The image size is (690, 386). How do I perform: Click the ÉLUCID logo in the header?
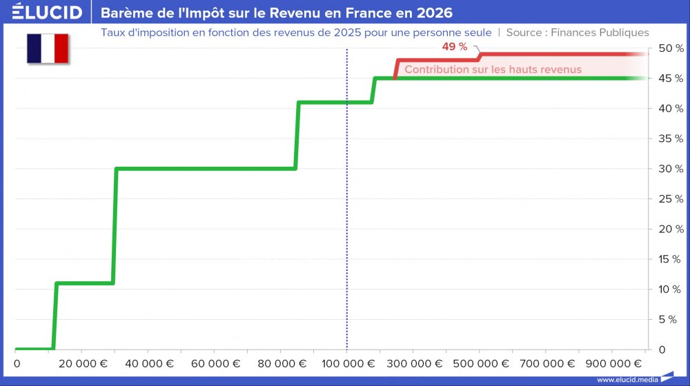pyautogui.click(x=47, y=12)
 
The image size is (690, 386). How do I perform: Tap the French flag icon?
pyautogui.click(x=48, y=48)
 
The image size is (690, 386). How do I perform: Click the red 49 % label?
pyautogui.click(x=455, y=47)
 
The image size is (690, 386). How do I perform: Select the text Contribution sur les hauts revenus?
pyautogui.click(x=493, y=69)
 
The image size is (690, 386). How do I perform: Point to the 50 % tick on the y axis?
pyautogui.click(x=671, y=48)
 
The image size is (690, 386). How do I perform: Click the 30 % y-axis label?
pyautogui.click(x=671, y=169)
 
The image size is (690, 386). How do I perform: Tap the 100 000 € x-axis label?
pyautogui.click(x=346, y=364)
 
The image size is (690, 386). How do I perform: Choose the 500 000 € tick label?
pyautogui.click(x=478, y=364)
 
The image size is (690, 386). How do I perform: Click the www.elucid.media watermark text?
pyautogui.click(x=627, y=379)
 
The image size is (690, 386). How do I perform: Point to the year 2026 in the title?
pyautogui.click(x=435, y=13)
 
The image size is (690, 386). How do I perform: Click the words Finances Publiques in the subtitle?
pyautogui.click(x=600, y=32)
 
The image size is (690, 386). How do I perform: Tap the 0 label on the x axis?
pyautogui.click(x=17, y=364)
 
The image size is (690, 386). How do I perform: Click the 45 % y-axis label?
pyautogui.click(x=671, y=79)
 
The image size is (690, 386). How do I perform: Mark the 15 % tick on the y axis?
pyautogui.click(x=671, y=259)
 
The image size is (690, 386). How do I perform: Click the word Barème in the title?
pyautogui.click(x=126, y=13)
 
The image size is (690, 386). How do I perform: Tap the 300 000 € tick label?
pyautogui.click(x=412, y=364)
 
